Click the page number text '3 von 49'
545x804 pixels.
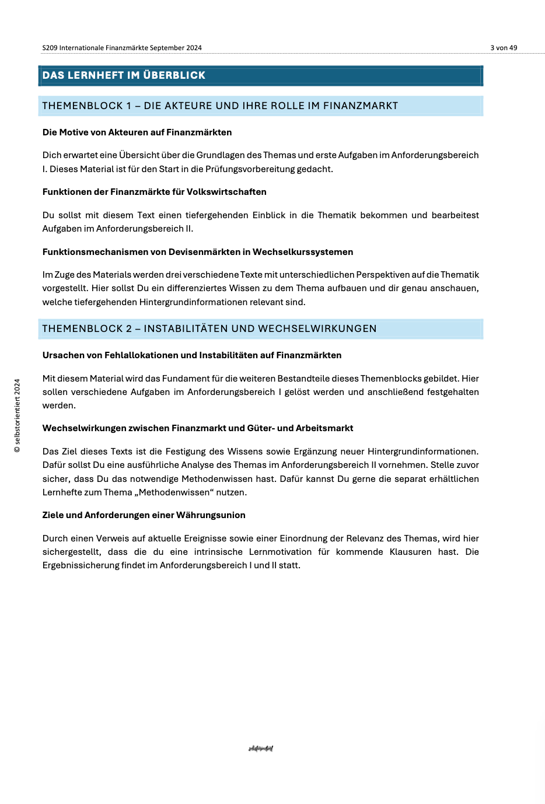pyautogui.click(x=504, y=48)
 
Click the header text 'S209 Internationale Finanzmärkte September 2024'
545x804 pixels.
pyautogui.click(x=122, y=48)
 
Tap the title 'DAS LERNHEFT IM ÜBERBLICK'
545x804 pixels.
pyautogui.click(x=124, y=75)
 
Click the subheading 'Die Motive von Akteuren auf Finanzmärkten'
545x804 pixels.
pyautogui.click(x=137, y=132)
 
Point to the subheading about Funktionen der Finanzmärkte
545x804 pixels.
pyautogui.click(x=154, y=192)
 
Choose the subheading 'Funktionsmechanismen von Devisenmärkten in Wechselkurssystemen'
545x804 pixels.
pyautogui.click(x=198, y=252)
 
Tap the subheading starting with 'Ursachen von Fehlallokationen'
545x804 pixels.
pyautogui.click(x=192, y=355)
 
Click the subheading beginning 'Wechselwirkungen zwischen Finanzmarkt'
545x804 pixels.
pyautogui.click(x=198, y=428)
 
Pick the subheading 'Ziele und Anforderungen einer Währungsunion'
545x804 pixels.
pyautogui.click(x=144, y=515)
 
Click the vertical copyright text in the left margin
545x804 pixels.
pyautogui.click(x=17, y=415)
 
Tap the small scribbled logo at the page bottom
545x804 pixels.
pyautogui.click(x=261, y=749)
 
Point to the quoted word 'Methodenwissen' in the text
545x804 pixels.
pyautogui.click(x=174, y=492)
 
